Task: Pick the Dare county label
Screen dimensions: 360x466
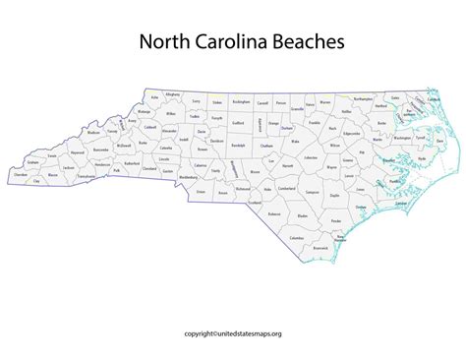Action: pyautogui.click(x=439, y=142)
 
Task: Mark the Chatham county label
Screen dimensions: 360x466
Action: pyautogui.click(x=266, y=145)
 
